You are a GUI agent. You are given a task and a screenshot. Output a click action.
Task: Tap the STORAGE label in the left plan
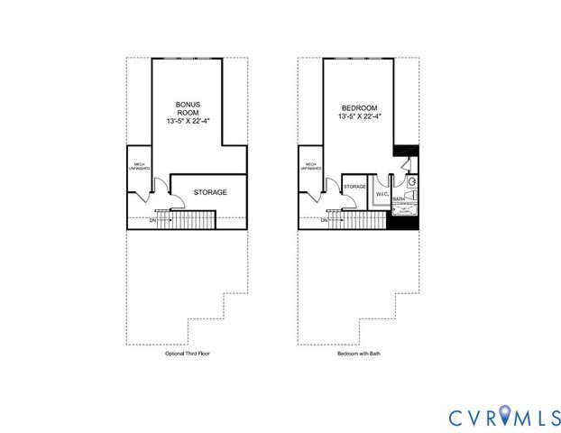pyautogui.click(x=210, y=192)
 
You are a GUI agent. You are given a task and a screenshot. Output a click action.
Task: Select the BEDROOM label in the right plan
pyautogui.click(x=359, y=106)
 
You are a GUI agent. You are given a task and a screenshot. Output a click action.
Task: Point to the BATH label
pyautogui.click(x=398, y=198)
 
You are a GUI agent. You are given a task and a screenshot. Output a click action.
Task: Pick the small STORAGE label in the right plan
pyautogui.click(x=354, y=187)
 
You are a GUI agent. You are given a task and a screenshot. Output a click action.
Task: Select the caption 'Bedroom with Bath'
pyautogui.click(x=358, y=355)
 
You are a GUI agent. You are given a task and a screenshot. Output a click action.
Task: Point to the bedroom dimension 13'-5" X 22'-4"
pyautogui.click(x=359, y=115)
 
